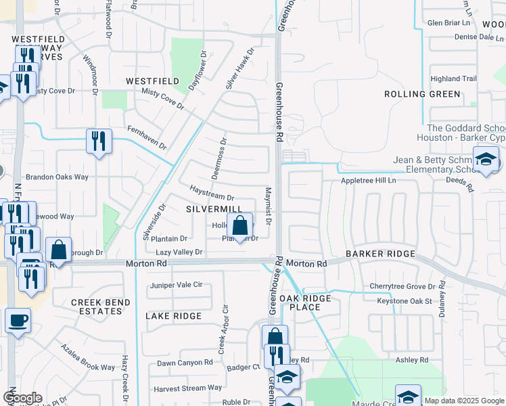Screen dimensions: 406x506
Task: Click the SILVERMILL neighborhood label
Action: [x=214, y=210]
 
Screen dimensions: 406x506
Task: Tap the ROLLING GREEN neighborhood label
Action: [x=422, y=94]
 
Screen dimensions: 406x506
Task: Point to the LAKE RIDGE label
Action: [x=174, y=316]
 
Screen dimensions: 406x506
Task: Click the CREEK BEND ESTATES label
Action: [x=97, y=306]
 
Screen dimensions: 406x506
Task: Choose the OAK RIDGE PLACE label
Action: [x=305, y=302]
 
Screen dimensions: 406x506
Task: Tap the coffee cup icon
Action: [x=18, y=319]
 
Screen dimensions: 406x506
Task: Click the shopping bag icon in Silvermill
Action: [x=239, y=225]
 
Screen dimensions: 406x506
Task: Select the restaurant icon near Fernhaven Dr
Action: [x=99, y=141]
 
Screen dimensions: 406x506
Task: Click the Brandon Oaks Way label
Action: [x=63, y=177]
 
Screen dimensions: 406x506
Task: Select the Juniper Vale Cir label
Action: [x=176, y=285]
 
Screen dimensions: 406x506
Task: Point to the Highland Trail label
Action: [x=454, y=79]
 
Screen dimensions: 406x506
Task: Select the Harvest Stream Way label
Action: [x=187, y=388]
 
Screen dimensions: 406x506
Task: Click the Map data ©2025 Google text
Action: [x=464, y=401]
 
